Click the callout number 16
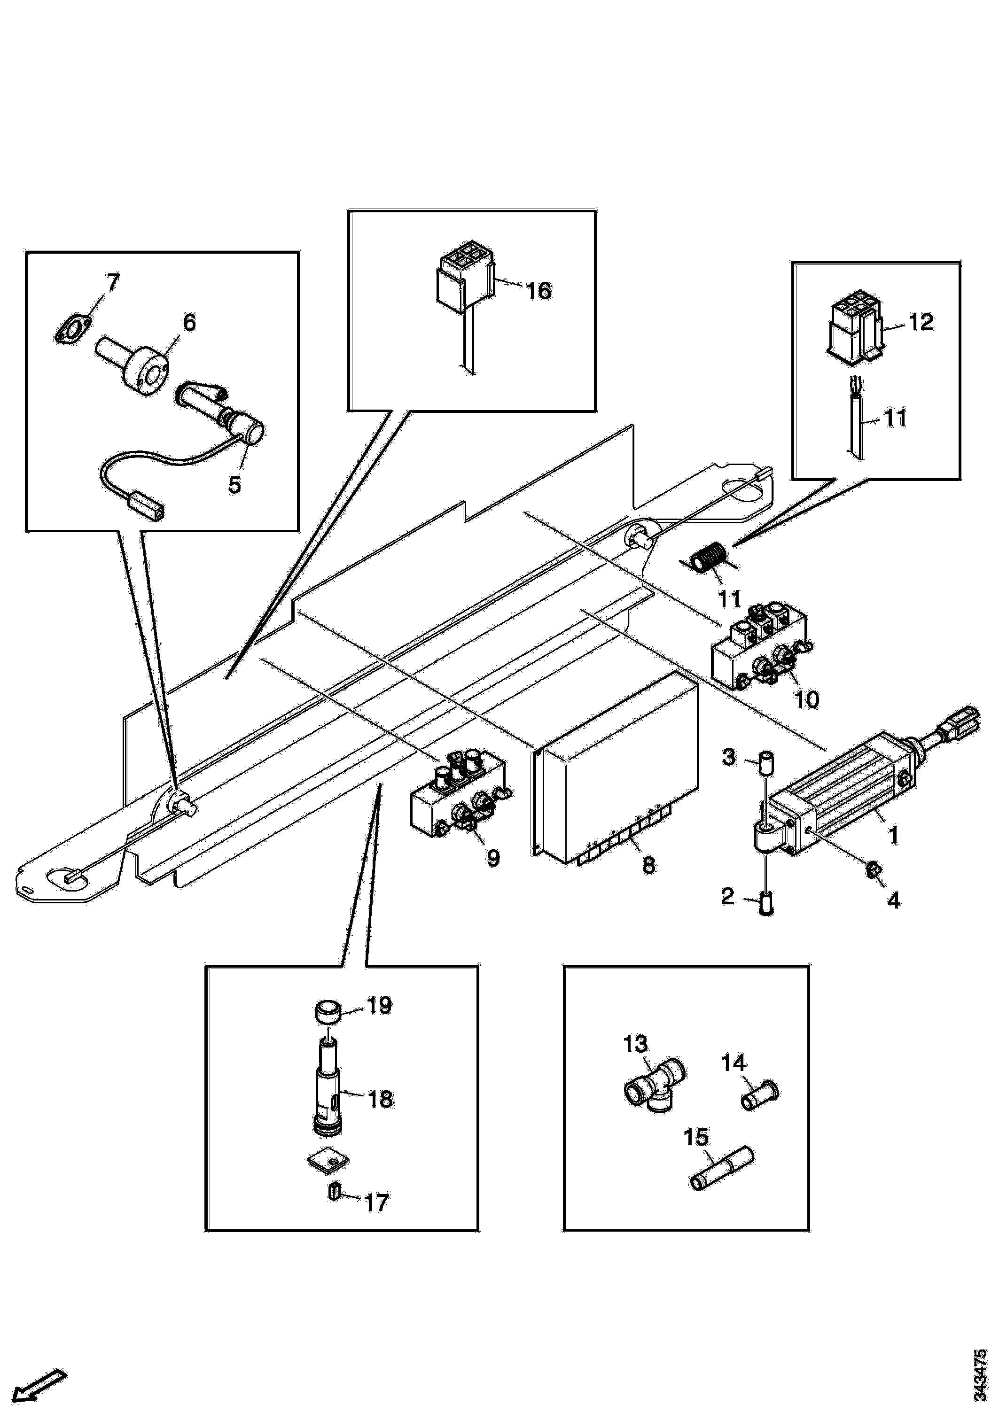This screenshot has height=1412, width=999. coord(539,290)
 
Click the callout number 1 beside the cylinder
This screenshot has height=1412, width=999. coord(892,835)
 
